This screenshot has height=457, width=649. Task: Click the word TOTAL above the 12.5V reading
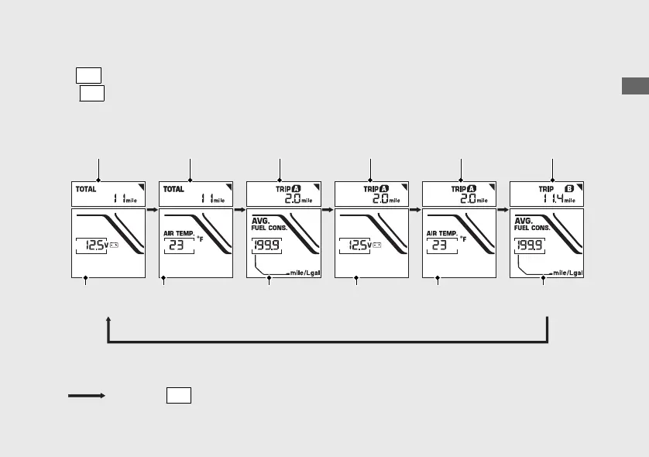(x=85, y=188)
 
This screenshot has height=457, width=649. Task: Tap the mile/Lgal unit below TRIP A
(x=303, y=273)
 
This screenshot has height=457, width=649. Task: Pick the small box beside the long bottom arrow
(x=178, y=395)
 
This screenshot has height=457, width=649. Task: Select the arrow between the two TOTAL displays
(x=153, y=209)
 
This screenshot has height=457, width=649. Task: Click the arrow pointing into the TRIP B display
(x=503, y=209)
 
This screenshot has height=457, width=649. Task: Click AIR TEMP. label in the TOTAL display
(x=178, y=232)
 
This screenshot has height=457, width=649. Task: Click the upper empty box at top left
(x=89, y=75)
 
